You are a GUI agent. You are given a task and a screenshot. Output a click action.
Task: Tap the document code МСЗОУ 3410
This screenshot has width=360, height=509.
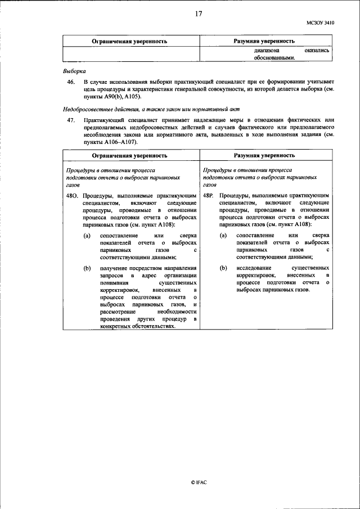click(320, 23)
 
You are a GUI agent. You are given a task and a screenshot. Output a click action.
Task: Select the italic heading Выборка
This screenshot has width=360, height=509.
click(74, 71)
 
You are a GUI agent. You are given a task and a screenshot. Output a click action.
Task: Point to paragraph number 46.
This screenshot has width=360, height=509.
click(71, 82)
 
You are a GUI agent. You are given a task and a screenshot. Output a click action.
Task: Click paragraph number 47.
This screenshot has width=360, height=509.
click(71, 120)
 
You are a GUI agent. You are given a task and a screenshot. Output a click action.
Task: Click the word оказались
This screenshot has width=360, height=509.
click(316, 50)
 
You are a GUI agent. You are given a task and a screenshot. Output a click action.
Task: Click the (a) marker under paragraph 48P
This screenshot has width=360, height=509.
click(223, 235)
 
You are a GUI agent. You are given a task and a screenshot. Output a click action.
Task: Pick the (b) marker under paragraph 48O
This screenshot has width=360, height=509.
click(87, 269)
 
